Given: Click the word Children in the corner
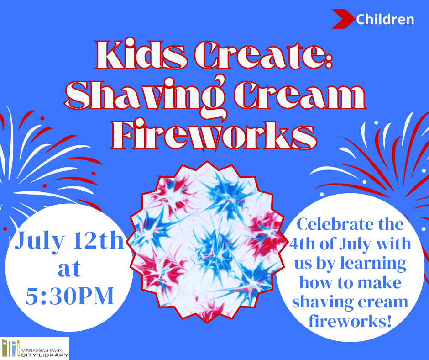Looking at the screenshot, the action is pyautogui.click(x=385, y=20).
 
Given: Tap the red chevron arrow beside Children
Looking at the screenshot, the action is pyautogui.click(x=343, y=19).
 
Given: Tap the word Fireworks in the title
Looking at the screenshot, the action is pyautogui.click(x=214, y=134).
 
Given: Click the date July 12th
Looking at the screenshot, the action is pyautogui.click(x=69, y=241).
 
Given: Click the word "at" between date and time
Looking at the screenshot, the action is pyautogui.click(x=69, y=269).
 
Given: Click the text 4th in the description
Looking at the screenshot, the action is pyautogui.click(x=302, y=244).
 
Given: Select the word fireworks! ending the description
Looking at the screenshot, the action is pyautogui.click(x=350, y=321).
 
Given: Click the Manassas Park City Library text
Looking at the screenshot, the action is pyautogui.click(x=45, y=353).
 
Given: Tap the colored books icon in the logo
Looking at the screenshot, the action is pyautogui.click(x=11, y=348).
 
